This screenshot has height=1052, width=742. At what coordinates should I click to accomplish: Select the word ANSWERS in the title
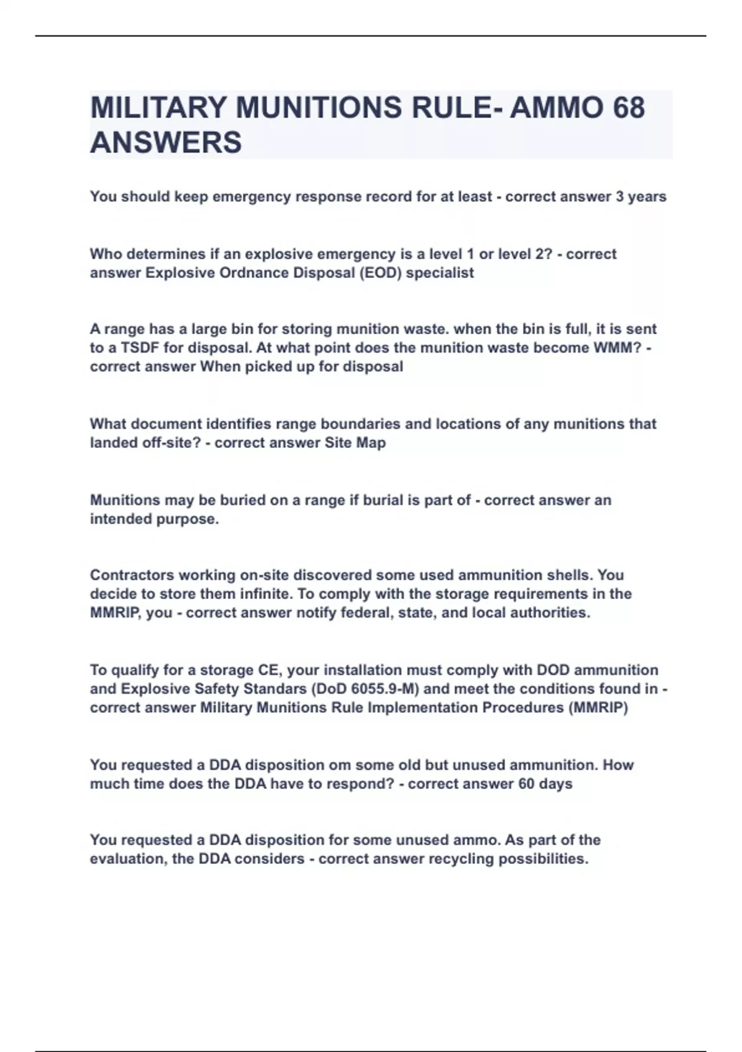pyautogui.click(x=166, y=142)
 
